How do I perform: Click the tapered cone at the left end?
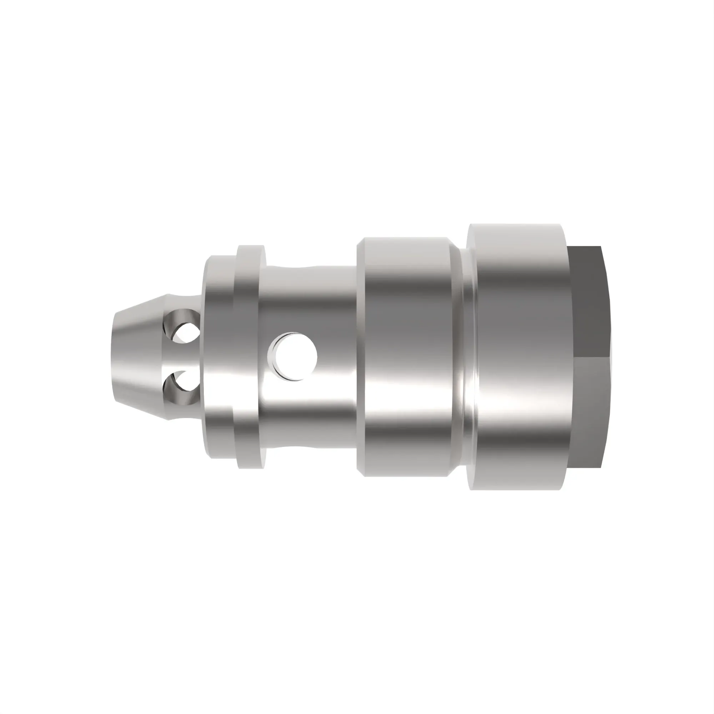click(x=137, y=357)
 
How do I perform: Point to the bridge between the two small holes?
click(x=185, y=357)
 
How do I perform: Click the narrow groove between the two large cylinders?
click(x=464, y=357)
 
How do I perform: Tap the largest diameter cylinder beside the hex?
click(x=517, y=357)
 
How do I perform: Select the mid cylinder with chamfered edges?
click(x=407, y=357)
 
